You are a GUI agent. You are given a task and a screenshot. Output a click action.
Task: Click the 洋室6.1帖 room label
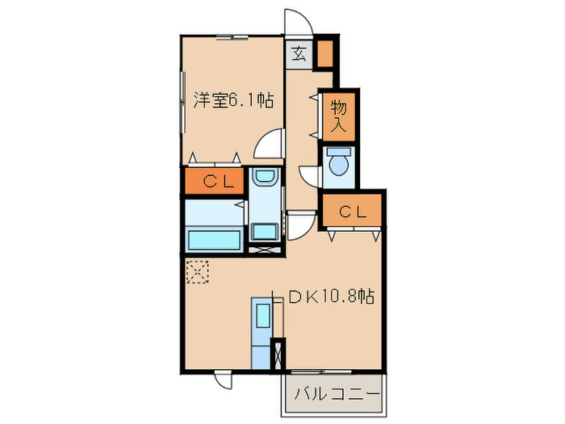(233, 101)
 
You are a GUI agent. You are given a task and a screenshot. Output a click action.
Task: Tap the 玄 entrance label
(299, 56)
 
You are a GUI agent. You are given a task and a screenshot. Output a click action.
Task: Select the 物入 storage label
(338, 115)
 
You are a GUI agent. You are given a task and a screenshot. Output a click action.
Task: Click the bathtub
(213, 240)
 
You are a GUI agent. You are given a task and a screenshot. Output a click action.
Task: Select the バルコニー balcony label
(336, 395)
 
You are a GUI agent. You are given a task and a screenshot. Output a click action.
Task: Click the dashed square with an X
(196, 271)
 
